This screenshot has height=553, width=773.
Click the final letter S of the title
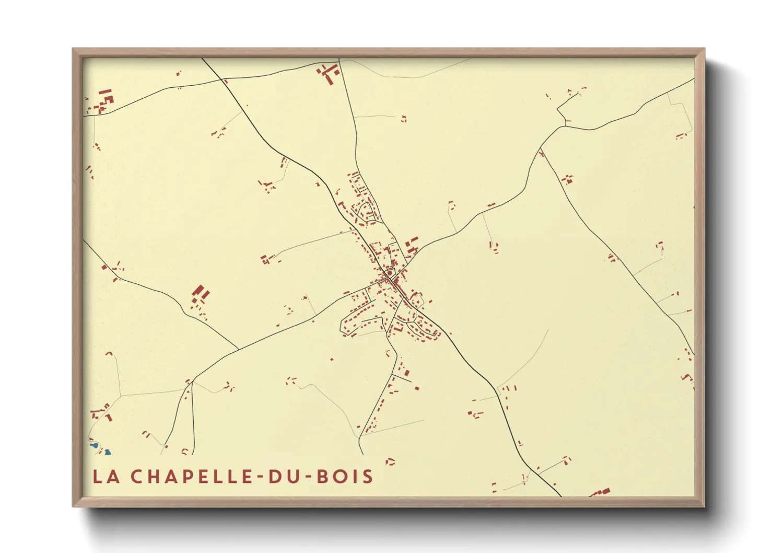(369, 476)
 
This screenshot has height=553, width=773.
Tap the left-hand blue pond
(95, 446)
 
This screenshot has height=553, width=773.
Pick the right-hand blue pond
(107, 452)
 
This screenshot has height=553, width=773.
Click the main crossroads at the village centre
(389, 277)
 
